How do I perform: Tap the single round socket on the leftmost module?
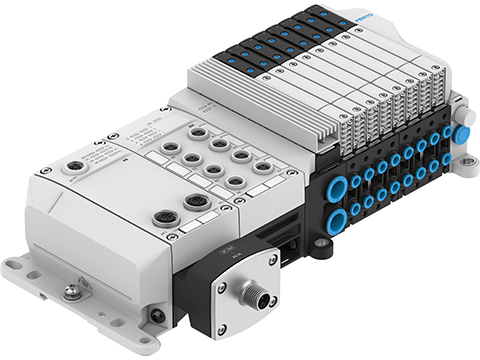pos(74,169)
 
